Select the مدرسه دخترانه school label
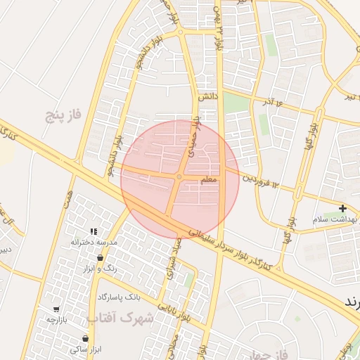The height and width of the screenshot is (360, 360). click(92, 242)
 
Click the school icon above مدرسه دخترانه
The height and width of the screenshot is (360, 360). click(92, 231)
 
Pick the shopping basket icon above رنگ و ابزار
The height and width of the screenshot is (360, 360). click(101, 257)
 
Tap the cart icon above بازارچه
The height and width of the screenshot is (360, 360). click(56, 309)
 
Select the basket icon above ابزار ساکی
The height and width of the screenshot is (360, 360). click(85, 338)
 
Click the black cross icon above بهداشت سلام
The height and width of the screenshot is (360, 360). click(342, 208)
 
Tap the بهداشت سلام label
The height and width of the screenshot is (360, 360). click(337, 219)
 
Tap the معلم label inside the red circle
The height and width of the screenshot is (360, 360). click(210, 181)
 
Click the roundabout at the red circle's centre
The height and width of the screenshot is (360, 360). click(180, 176)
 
